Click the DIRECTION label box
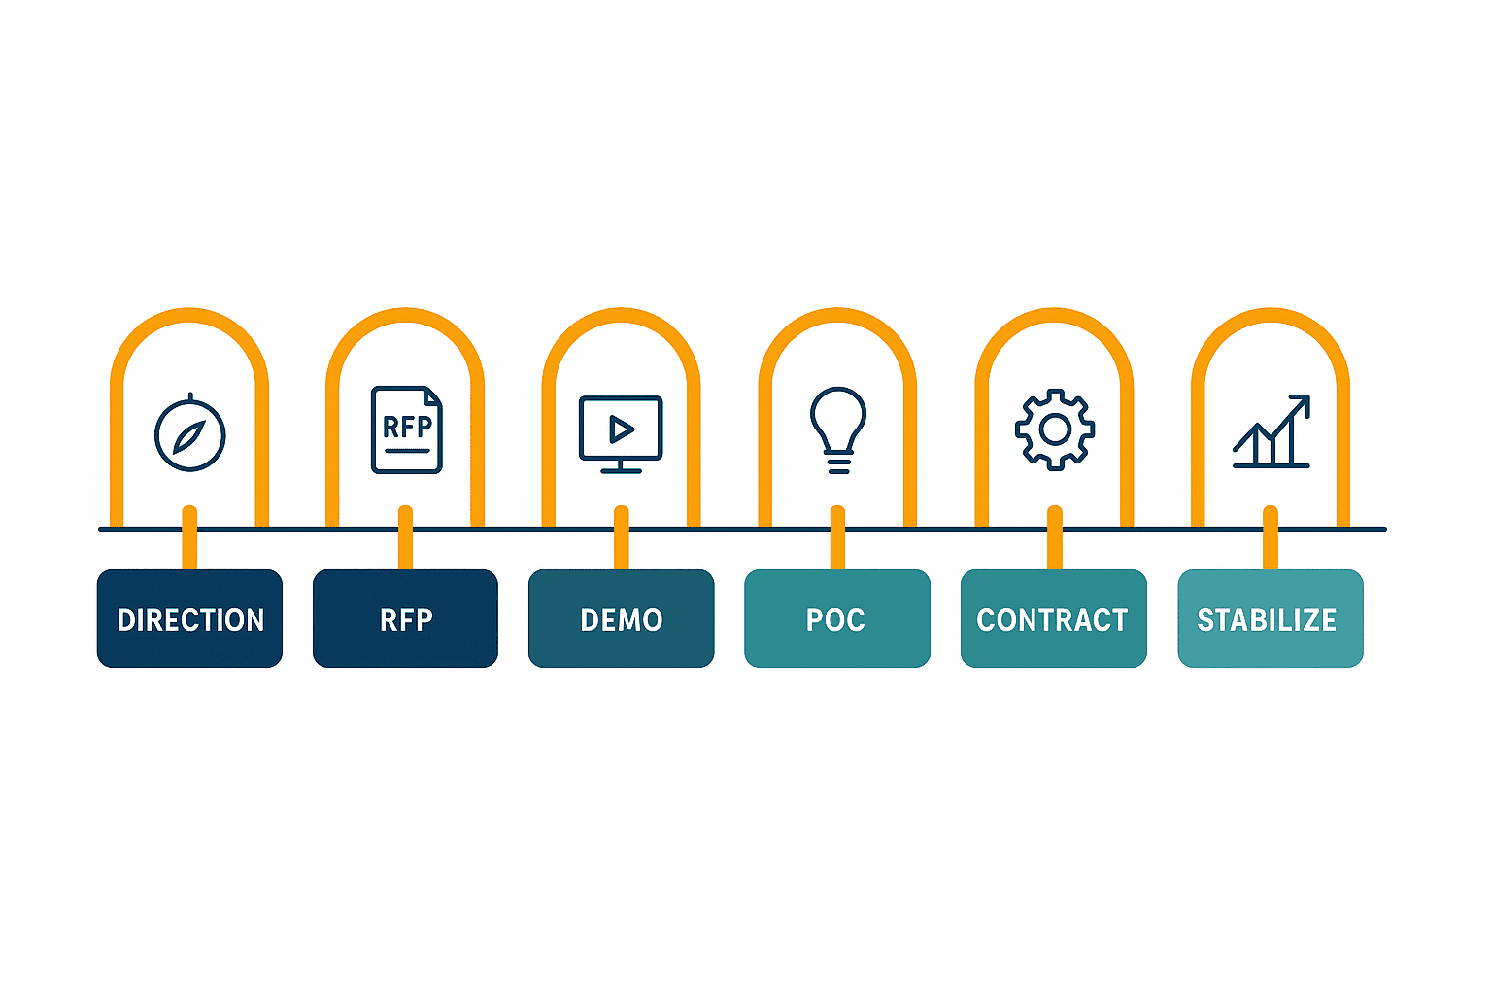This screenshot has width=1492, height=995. pos(189,618)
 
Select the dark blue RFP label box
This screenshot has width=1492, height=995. pos(406,618)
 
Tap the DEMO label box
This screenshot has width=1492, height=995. pos(622,618)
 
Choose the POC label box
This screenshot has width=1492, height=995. pos(837,618)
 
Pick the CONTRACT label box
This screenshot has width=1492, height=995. pos(1054,618)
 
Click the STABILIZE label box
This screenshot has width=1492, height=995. pos(1271,618)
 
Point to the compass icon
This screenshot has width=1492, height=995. pos(189,433)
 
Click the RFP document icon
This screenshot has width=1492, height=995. pos(407,429)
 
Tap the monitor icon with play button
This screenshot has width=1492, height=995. pos(621,434)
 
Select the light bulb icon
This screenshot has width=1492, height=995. pos(838,430)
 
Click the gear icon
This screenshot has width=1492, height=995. pos(1055,429)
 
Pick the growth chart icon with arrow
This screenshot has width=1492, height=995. pos(1272,431)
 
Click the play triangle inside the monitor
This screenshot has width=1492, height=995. pos(621,429)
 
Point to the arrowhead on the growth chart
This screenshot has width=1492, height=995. pos(1302,403)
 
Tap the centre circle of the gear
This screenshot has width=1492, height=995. pos(1055,429)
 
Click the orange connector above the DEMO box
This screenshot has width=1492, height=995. pos(622,537)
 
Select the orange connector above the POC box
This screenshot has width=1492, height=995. pos(838,537)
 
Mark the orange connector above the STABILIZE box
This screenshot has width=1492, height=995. pos(1271,537)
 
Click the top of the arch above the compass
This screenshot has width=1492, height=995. pos(189,315)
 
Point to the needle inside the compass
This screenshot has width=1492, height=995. pos(189,437)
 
